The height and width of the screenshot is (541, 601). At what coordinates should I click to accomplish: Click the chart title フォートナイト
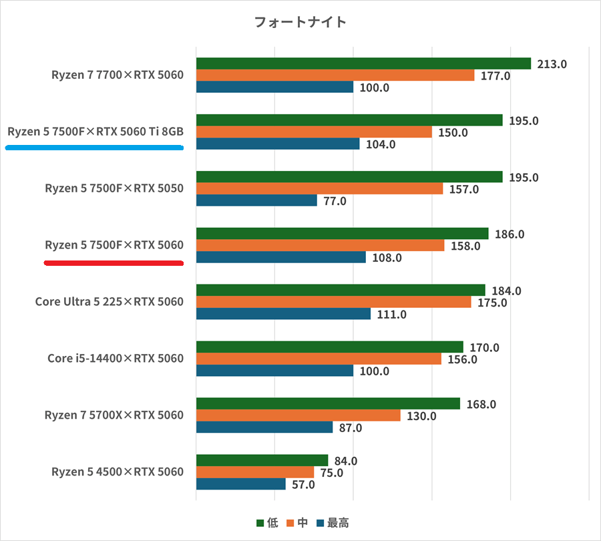[x=300, y=22]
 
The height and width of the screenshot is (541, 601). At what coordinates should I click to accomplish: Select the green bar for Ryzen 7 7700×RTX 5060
[x=363, y=63]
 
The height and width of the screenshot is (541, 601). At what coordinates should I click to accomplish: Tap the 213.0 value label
[x=552, y=64]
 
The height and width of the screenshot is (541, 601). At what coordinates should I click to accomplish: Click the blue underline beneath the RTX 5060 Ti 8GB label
[x=94, y=148]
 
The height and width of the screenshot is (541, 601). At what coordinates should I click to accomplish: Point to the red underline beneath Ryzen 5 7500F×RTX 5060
[x=114, y=262]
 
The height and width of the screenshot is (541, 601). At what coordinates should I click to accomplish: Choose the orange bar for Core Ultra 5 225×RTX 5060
[x=333, y=302]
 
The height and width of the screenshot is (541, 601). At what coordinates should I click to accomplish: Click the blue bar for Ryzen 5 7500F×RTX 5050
[x=256, y=200]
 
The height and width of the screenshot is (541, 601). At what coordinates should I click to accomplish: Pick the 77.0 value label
[x=334, y=201]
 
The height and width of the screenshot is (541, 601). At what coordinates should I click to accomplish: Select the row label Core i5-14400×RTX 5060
[x=115, y=359]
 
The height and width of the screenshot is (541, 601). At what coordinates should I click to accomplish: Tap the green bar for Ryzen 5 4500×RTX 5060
[x=262, y=460]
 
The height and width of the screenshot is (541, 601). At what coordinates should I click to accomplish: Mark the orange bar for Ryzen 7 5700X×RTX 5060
[x=298, y=415]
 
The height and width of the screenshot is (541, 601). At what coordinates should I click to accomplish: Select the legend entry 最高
[x=333, y=523]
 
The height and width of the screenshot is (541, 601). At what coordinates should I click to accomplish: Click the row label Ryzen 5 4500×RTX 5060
[x=117, y=472]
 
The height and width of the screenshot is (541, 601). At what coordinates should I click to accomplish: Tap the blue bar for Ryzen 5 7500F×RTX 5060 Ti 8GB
[x=278, y=144]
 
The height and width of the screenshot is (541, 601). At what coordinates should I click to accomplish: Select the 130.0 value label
[x=421, y=416]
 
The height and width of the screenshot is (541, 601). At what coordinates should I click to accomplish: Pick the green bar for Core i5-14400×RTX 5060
[x=329, y=347]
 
